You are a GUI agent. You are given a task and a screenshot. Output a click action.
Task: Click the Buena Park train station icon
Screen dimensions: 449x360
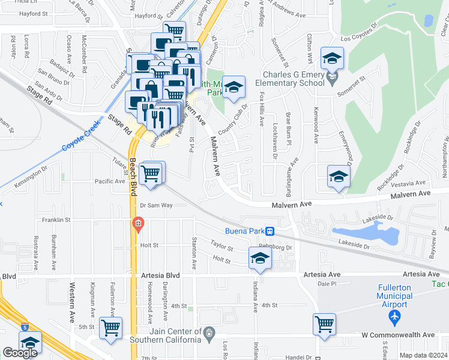click(x=271, y=231)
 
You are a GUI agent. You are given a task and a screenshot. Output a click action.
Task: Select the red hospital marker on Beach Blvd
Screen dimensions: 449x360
click(x=138, y=224)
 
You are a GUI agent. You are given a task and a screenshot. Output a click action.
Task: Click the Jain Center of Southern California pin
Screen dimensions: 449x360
click(x=209, y=332)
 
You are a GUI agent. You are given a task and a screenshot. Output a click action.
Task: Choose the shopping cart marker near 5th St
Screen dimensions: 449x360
click(x=111, y=328)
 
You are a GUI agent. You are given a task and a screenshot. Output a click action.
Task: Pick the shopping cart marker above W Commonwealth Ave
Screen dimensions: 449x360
click(x=325, y=324)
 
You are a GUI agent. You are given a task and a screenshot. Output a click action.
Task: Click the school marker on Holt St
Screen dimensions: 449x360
click(x=260, y=258)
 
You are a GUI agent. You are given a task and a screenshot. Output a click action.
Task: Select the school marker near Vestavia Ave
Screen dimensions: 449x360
click(x=338, y=177)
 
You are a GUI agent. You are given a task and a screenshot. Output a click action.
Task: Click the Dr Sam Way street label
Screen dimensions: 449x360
click(x=156, y=205)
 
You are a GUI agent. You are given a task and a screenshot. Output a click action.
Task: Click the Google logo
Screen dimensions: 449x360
click(x=20, y=353)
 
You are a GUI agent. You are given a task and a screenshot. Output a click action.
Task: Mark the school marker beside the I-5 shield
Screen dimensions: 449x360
click(x=29, y=343)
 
